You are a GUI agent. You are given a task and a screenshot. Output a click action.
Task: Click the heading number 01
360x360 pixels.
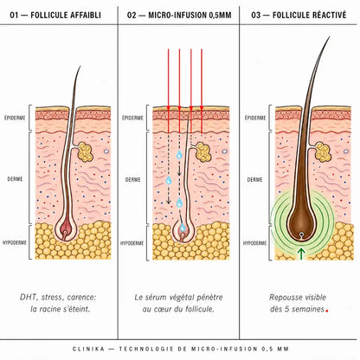point(14,16)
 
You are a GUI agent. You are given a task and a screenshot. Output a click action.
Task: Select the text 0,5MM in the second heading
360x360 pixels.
point(220,16)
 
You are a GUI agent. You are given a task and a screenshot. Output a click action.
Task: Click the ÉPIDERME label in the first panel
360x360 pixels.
point(15,118)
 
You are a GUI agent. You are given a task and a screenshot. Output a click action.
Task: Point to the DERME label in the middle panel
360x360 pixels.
point(133,179)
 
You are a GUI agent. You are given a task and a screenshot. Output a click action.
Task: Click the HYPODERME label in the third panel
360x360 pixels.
point(254,243)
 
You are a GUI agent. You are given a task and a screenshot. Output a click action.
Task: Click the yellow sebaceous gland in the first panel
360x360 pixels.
point(86,152)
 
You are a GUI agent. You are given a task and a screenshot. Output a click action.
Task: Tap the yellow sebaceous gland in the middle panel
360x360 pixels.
point(203,152)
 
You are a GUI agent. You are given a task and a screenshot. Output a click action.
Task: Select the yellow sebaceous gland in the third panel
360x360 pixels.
point(323,152)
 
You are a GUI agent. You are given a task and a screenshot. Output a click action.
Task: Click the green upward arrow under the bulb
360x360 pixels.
point(301,254)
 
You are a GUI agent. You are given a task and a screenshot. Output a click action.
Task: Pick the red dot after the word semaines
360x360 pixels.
point(327,311)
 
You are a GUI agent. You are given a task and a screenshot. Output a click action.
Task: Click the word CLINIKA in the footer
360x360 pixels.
point(89,349)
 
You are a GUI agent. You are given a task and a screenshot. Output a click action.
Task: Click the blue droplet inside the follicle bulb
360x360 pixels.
point(183,228)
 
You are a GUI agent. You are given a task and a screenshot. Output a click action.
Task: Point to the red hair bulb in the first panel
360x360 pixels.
point(66,228)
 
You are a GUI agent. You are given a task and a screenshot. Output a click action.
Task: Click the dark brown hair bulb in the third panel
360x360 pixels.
point(301,223)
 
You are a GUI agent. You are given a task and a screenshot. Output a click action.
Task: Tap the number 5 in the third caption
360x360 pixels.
point(286,309)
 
